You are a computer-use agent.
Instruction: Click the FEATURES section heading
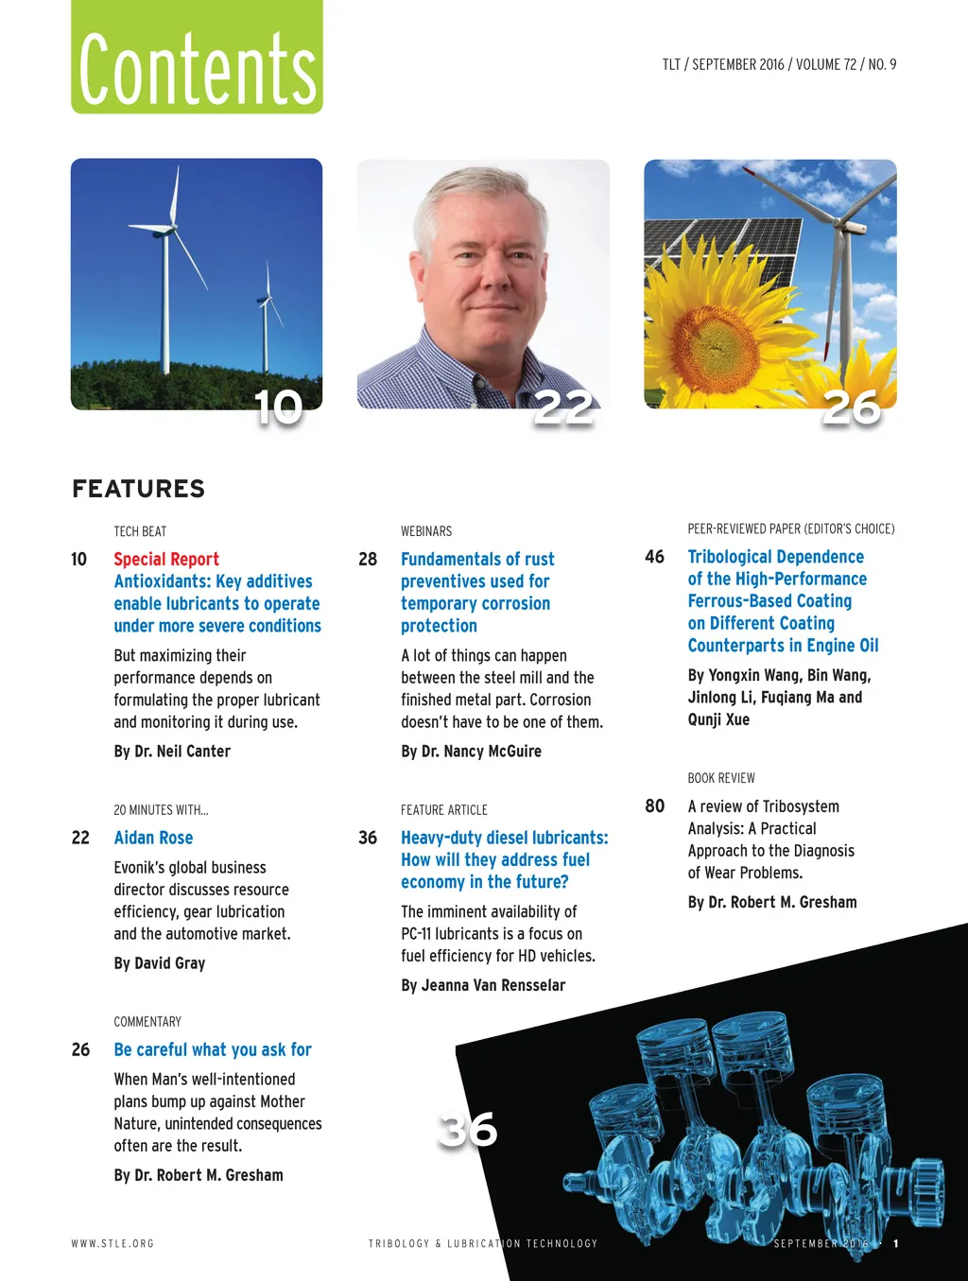tap(138, 489)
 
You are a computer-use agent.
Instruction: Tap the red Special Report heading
tap(166, 559)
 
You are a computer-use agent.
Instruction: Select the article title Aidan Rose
tap(153, 838)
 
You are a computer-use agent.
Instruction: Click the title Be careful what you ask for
tap(213, 1049)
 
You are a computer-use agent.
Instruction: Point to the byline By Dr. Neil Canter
tap(172, 752)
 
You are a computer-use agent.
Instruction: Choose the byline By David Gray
tap(160, 963)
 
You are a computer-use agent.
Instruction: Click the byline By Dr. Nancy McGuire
tap(471, 752)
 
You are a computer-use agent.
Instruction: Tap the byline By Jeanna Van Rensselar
tap(483, 985)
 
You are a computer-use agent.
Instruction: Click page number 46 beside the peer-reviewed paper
tap(654, 557)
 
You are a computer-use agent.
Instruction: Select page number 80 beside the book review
tap(654, 806)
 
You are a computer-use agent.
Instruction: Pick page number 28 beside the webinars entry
tap(368, 559)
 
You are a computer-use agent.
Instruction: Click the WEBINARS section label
tap(426, 531)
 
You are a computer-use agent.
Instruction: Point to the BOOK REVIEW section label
tap(721, 778)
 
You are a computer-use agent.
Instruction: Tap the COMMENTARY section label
tap(147, 1022)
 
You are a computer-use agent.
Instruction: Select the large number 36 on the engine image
tap(468, 1130)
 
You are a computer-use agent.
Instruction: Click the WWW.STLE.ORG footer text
tap(112, 1244)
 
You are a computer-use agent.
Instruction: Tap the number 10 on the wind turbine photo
tap(278, 407)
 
